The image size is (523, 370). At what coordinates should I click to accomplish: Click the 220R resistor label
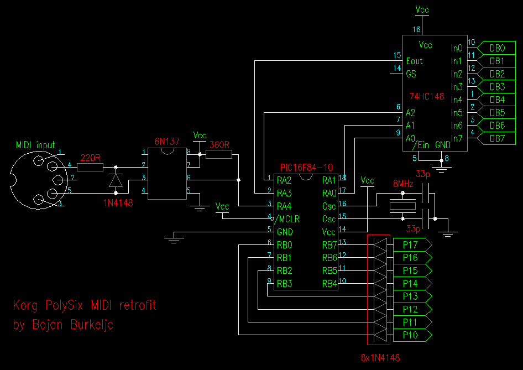pyautogui.click(x=90, y=158)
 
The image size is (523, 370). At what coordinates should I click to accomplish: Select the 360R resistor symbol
pyautogui.click(x=219, y=154)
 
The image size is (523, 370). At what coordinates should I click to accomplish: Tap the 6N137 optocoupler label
pyautogui.click(x=167, y=142)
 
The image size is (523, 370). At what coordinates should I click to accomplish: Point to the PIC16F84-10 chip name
pyautogui.click(x=306, y=167)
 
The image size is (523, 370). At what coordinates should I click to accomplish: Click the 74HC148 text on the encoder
pyautogui.click(x=427, y=96)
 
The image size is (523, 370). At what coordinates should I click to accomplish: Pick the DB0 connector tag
pyautogui.click(x=496, y=48)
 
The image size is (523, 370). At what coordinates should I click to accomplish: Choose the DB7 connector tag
pyautogui.click(x=496, y=138)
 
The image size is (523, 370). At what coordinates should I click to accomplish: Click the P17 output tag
pyautogui.click(x=412, y=245)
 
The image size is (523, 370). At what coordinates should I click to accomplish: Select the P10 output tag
pyautogui.click(x=412, y=335)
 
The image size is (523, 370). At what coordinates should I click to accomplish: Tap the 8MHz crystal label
pyautogui.click(x=403, y=184)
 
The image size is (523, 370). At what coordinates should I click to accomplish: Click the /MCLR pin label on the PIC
pyautogui.click(x=287, y=219)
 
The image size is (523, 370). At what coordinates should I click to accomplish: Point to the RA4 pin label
pyautogui.click(x=284, y=206)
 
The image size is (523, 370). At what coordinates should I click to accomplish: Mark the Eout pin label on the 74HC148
pyautogui.click(x=414, y=61)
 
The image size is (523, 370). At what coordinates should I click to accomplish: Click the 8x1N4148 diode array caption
pyautogui.click(x=380, y=358)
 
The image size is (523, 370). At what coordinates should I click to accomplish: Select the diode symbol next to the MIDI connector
pyautogui.click(x=116, y=180)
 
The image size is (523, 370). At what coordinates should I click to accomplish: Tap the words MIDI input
pyautogui.click(x=35, y=145)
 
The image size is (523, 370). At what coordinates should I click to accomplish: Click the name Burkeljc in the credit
pyautogui.click(x=92, y=324)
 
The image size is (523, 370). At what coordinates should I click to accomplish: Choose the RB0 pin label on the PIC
pyautogui.click(x=285, y=245)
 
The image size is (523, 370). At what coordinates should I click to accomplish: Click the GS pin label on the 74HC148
pyautogui.click(x=411, y=74)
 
